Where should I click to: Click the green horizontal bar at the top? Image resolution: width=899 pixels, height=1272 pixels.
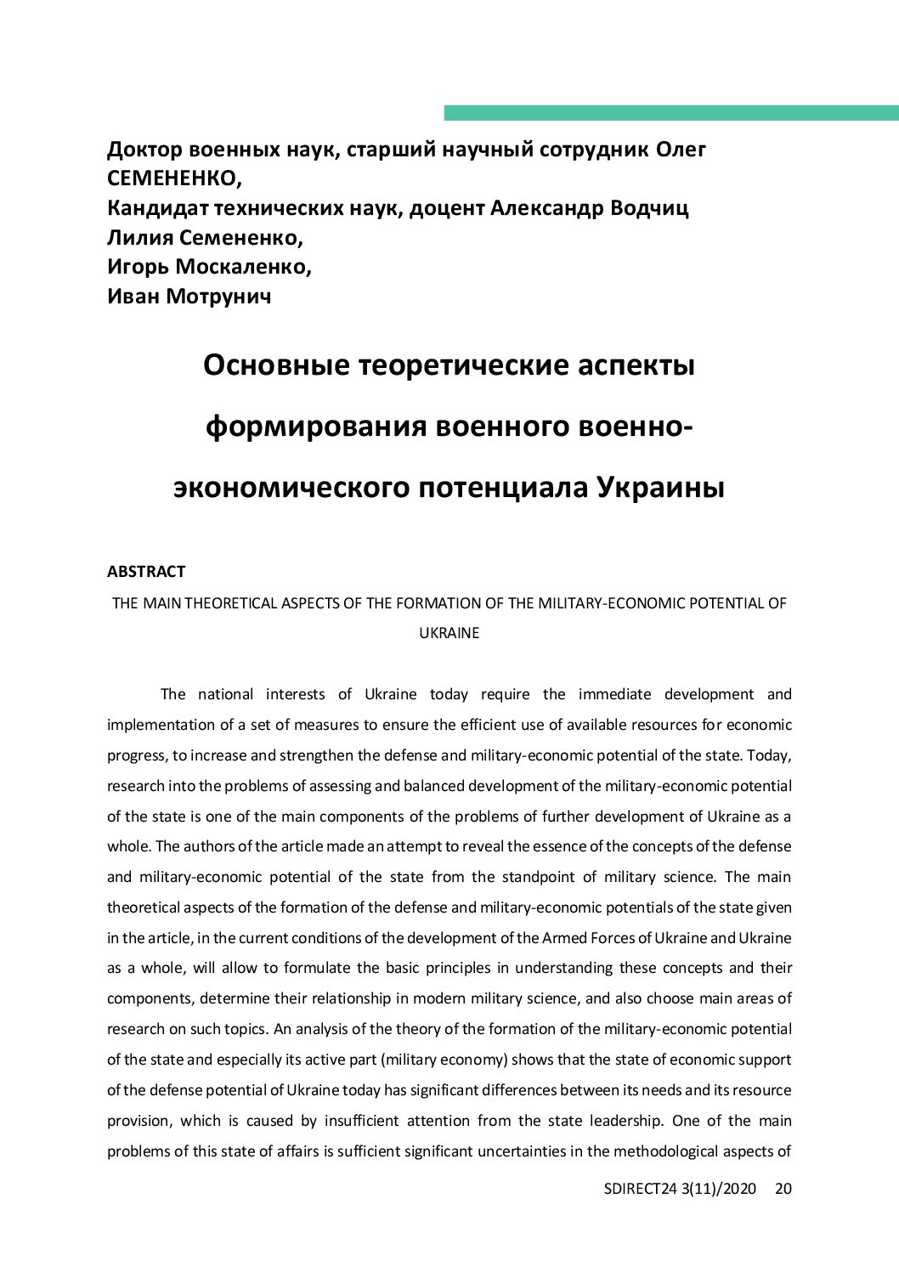(x=670, y=113)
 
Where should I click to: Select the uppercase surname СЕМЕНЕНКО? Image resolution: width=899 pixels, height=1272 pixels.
(x=174, y=179)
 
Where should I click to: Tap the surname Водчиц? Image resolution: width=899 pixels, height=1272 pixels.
(x=649, y=208)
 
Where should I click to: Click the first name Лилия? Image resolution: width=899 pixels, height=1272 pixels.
(x=139, y=238)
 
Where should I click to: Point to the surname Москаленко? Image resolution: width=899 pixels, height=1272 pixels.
(x=243, y=267)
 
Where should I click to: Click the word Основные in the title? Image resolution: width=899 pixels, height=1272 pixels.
(x=276, y=365)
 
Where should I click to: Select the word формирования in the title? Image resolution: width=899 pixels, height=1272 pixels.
(x=315, y=426)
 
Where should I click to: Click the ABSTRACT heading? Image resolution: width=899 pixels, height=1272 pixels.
(x=146, y=572)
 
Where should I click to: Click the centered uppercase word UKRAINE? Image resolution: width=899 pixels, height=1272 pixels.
(x=449, y=633)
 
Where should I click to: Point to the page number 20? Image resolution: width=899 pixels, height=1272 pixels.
(x=783, y=1189)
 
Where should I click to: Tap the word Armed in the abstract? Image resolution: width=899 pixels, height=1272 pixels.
(x=563, y=938)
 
